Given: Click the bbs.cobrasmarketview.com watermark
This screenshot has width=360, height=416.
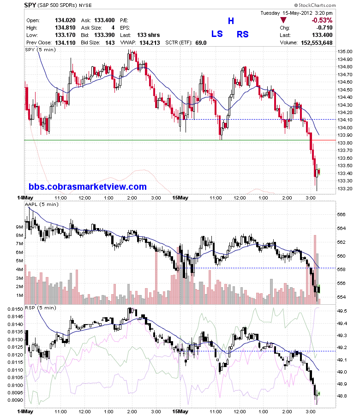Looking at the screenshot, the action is [88, 187].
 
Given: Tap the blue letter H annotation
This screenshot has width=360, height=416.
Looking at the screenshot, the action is [231, 21].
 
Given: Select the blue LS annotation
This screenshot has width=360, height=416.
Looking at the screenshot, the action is [217, 34].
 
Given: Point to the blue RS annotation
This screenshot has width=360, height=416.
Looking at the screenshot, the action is [242, 34].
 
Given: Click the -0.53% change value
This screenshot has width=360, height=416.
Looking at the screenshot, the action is [322, 20].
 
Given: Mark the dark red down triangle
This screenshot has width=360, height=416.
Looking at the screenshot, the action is [283, 20].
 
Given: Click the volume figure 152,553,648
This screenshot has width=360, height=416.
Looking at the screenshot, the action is [317, 43].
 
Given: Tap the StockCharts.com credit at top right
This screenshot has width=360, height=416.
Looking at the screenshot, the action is [315, 5].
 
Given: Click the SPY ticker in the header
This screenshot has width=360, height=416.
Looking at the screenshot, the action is [30, 5].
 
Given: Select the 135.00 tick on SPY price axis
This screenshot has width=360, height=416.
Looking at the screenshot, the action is [345, 51].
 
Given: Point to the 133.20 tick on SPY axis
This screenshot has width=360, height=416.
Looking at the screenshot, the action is [345, 189].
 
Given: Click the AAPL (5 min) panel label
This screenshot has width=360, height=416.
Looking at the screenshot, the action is [42, 204].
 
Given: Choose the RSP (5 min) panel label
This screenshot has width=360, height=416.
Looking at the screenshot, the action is [41, 308].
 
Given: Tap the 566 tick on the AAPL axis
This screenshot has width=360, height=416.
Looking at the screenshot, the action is [342, 214].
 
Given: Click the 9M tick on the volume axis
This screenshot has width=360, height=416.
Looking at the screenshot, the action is [19, 227].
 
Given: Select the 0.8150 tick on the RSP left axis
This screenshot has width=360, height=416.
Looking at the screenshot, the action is [15, 309].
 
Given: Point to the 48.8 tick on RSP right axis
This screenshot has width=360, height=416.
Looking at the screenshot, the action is [342, 396].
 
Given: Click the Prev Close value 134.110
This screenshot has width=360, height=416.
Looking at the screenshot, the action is [65, 43].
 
